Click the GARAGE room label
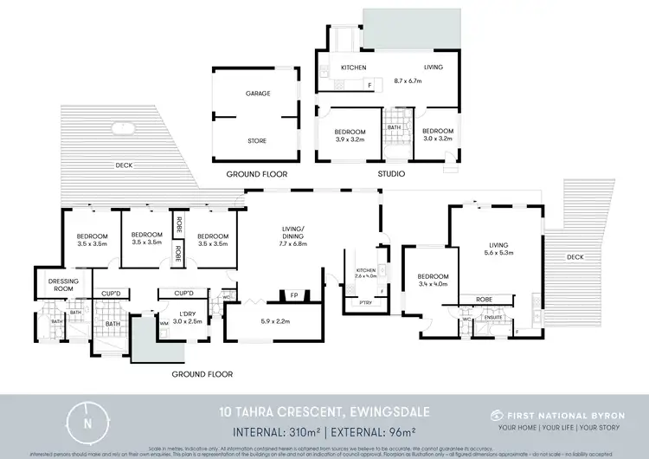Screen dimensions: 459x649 (x=258, y=94)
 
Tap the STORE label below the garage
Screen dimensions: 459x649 (x=257, y=140)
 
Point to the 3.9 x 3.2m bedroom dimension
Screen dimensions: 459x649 (x=350, y=139)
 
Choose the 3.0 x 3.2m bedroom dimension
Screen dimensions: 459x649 (x=438, y=139)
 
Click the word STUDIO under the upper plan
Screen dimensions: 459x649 (x=390, y=174)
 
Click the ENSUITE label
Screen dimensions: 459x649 (x=495, y=318)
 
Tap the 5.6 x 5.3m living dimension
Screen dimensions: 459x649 (x=499, y=254)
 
